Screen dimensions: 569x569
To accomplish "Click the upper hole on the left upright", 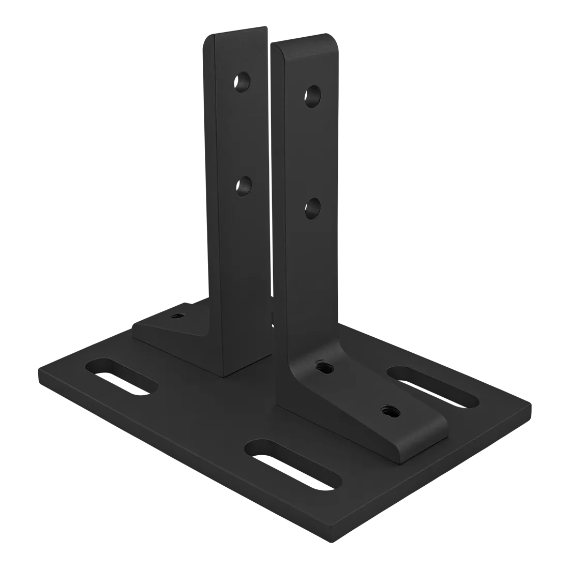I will [x=242, y=82].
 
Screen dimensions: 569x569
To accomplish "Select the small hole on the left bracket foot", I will [x=177, y=315].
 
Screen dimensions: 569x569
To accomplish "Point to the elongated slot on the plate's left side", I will [x=122, y=375].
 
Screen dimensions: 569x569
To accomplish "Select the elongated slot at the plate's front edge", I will [x=293, y=459].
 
